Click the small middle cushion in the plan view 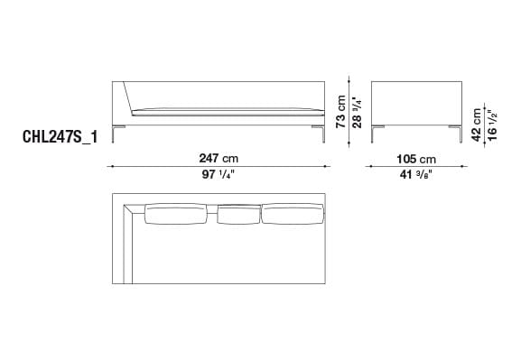(238, 214)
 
